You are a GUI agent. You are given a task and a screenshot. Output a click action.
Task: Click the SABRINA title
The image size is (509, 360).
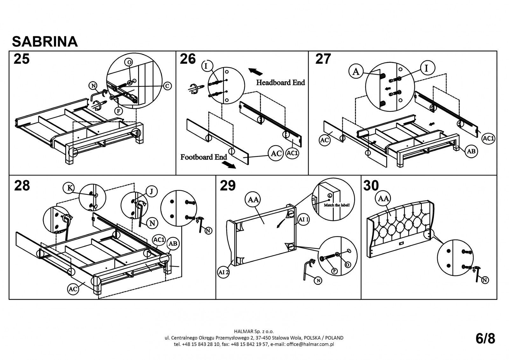[45, 41]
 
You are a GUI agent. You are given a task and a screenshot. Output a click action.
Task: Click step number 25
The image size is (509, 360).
[22, 59]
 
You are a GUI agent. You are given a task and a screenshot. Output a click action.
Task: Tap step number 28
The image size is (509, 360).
[22, 185]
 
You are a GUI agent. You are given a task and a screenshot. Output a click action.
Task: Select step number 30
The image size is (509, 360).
[371, 186]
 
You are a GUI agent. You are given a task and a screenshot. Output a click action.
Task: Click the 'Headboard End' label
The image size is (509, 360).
[281, 83]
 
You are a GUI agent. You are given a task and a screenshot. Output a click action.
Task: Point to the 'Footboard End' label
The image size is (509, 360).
[204, 157]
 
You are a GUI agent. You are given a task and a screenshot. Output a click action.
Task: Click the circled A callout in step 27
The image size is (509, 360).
[356, 72]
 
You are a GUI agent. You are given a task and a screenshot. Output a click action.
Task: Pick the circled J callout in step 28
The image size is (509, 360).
[151, 191]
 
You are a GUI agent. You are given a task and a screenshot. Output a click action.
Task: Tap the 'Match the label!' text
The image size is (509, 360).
[337, 205]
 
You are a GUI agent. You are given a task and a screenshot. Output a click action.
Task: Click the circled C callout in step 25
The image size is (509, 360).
[167, 85]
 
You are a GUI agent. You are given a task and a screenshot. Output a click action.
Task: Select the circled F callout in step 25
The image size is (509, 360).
[118, 111]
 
